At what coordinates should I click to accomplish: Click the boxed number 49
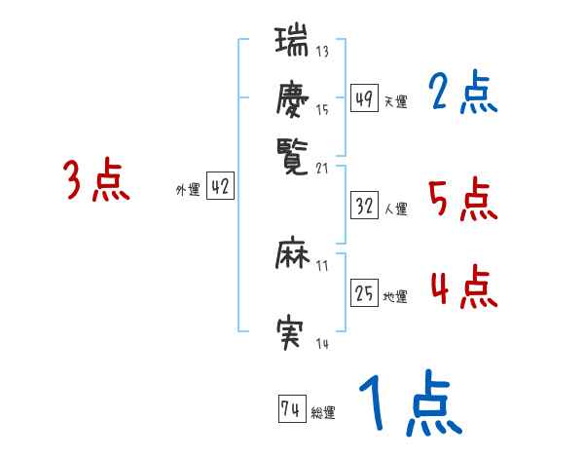pos(364,98)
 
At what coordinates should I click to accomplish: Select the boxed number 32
pos(364,206)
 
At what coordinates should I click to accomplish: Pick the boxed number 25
pos(364,293)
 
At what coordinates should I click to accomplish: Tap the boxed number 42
pos(220,187)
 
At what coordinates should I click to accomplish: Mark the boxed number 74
pos(290,409)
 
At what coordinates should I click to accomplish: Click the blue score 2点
pos(462,95)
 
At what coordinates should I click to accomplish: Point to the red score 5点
pos(462,201)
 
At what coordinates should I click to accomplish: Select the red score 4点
pos(462,287)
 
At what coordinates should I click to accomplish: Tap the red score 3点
pos(96,181)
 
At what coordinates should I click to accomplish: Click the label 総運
pos(323,413)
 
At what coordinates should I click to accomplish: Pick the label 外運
pos(187,191)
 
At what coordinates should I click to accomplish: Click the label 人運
pos(396,209)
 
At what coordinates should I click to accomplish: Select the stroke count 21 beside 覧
pos(324,166)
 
